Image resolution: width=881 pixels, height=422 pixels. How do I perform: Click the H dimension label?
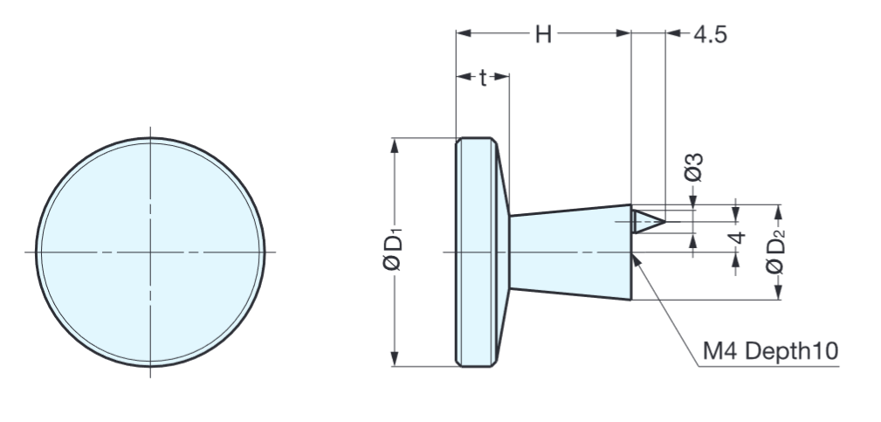(x=543, y=34)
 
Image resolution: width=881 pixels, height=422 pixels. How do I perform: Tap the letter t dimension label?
(x=482, y=77)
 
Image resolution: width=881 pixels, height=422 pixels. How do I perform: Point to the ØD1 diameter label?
(x=395, y=252)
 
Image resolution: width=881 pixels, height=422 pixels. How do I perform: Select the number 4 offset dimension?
(x=738, y=238)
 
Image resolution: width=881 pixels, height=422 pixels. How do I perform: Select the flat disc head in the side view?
(x=474, y=252)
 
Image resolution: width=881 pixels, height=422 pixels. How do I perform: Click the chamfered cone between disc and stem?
(x=504, y=252)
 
